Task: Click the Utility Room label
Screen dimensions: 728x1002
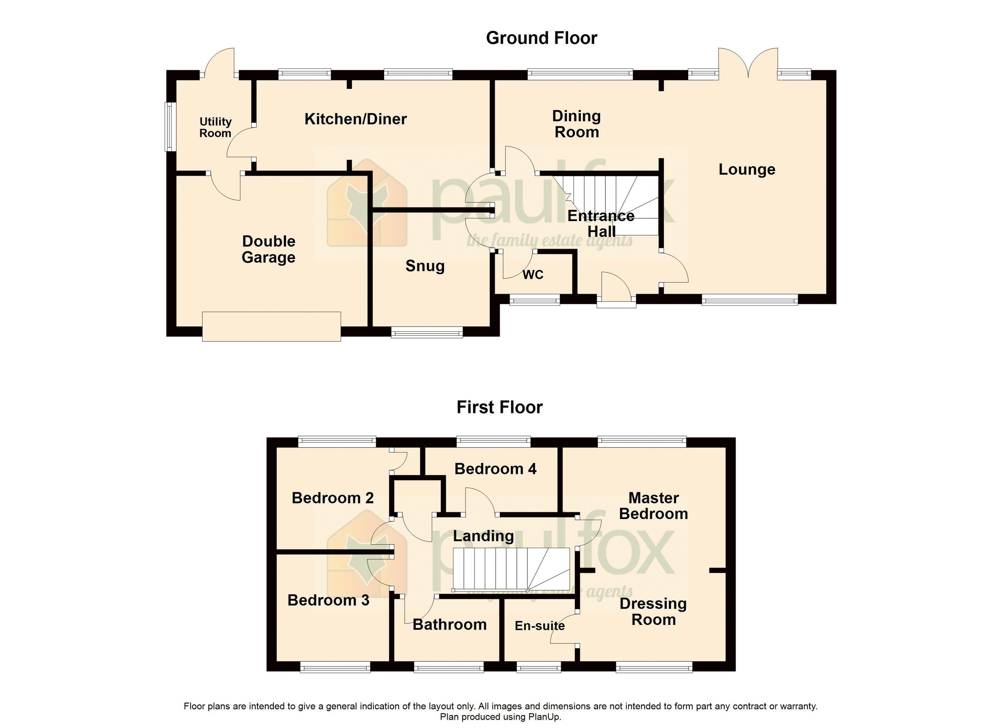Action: tap(215, 128)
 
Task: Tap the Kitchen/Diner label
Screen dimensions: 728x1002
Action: tap(355, 119)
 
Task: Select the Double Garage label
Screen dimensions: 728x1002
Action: tap(268, 249)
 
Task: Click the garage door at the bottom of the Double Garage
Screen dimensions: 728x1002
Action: tap(271, 326)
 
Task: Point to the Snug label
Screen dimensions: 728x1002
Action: tap(425, 266)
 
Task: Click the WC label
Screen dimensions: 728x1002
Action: tap(532, 275)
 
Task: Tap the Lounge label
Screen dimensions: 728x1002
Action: tap(746, 169)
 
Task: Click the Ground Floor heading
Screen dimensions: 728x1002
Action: tap(541, 38)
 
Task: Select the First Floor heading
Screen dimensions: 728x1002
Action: tap(499, 407)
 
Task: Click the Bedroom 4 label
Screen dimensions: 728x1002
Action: tap(495, 469)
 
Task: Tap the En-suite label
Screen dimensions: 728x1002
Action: tap(539, 626)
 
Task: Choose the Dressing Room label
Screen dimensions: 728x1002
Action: tap(653, 612)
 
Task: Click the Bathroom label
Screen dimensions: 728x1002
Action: tap(449, 625)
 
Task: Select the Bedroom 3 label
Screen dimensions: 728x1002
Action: tap(328, 600)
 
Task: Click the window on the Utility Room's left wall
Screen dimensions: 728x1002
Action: tap(170, 127)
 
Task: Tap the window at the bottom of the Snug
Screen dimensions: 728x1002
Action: tap(427, 333)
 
